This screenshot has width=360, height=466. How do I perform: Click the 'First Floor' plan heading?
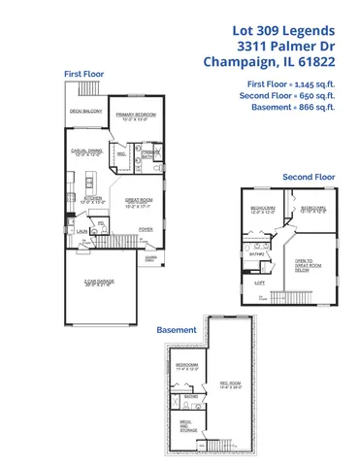pyautogui.click(x=84, y=74)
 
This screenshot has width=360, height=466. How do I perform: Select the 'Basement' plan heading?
pyautogui.click(x=178, y=330)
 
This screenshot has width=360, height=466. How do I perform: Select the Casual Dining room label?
pyautogui.click(x=85, y=153)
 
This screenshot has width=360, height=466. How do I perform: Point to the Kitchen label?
pyautogui.click(x=93, y=199)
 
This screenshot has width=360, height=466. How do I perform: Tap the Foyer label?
pyautogui.click(x=147, y=228)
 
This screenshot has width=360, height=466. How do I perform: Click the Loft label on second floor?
pyautogui.click(x=259, y=283)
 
